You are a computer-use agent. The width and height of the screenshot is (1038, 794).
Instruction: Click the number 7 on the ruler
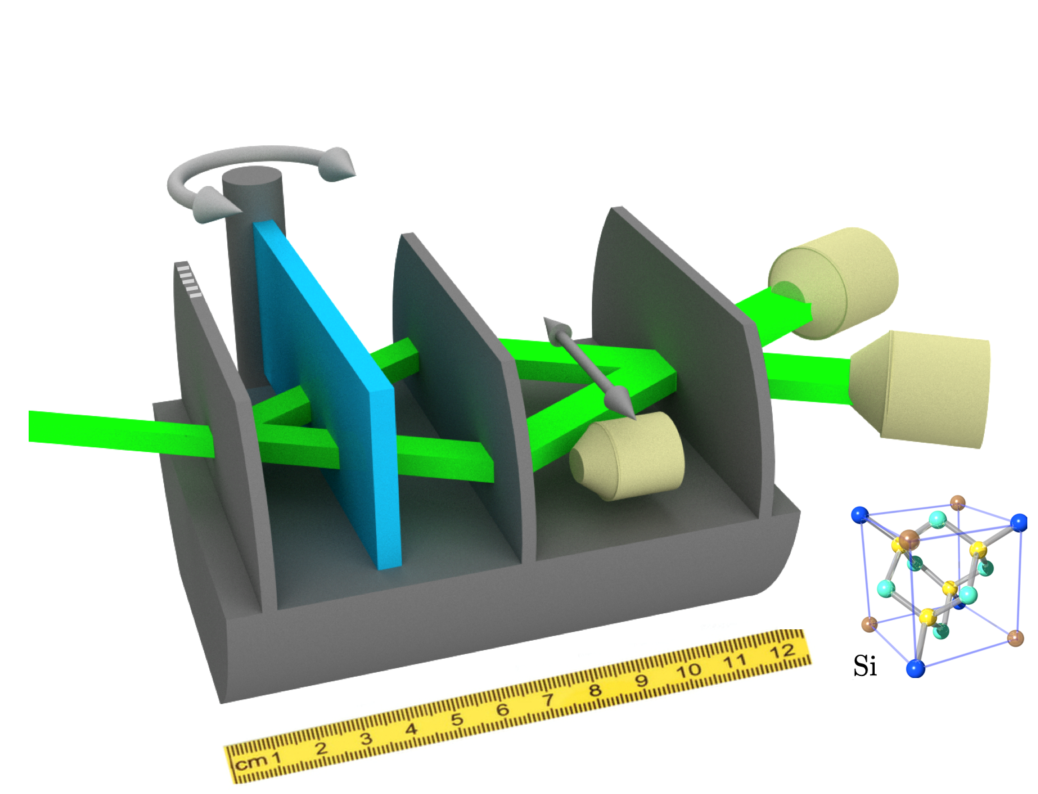tap(548, 700)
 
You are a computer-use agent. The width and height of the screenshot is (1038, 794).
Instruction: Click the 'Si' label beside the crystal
tap(865, 666)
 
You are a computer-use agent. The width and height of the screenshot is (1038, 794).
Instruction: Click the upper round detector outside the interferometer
tap(833, 283)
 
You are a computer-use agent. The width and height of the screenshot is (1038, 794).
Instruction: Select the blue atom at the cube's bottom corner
tap(916, 667)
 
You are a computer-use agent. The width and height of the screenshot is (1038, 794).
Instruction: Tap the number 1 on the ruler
tap(276, 757)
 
